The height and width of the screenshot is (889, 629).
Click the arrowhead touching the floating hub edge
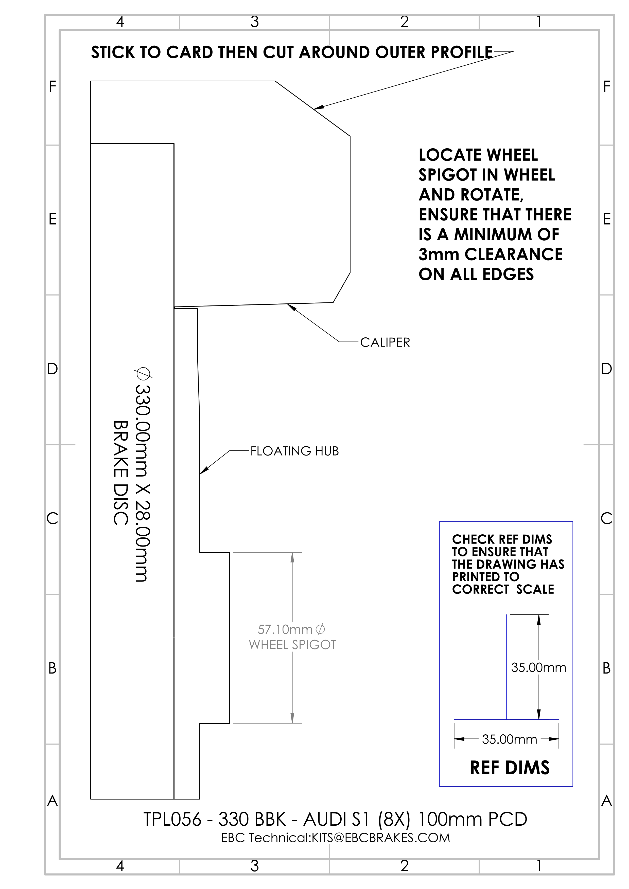204,470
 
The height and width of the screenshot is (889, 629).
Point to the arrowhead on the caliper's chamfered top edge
319,107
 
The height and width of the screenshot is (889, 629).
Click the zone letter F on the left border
53,86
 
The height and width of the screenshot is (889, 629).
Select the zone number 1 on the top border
539,22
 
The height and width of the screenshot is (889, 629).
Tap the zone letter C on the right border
606,518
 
